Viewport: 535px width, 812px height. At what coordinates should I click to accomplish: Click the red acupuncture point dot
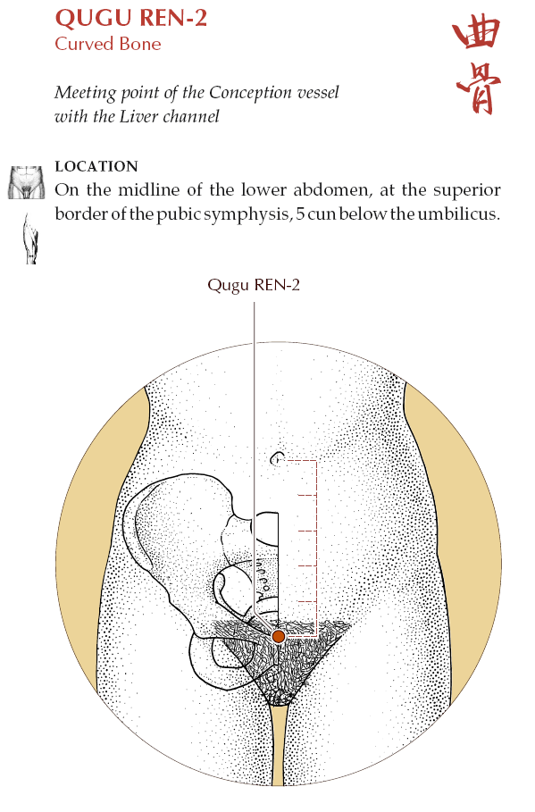pyautogui.click(x=279, y=636)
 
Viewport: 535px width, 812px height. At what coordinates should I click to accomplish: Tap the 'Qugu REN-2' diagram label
pyautogui.click(x=254, y=286)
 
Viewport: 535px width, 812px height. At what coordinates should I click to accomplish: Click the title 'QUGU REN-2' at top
pyautogui.click(x=131, y=18)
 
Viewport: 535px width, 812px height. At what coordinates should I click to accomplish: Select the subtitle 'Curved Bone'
pyautogui.click(x=108, y=44)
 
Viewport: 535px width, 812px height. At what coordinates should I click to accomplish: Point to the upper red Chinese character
pyautogui.click(x=476, y=33)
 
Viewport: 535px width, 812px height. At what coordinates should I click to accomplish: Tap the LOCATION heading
pyautogui.click(x=96, y=166)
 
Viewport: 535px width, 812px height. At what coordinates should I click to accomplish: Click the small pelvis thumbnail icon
pyautogui.click(x=26, y=182)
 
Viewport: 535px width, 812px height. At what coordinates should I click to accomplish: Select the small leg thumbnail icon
pyautogui.click(x=30, y=239)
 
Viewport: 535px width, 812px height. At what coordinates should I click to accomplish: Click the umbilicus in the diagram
pyautogui.click(x=278, y=459)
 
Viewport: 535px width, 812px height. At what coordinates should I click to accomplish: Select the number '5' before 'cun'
pyautogui.click(x=300, y=213)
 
